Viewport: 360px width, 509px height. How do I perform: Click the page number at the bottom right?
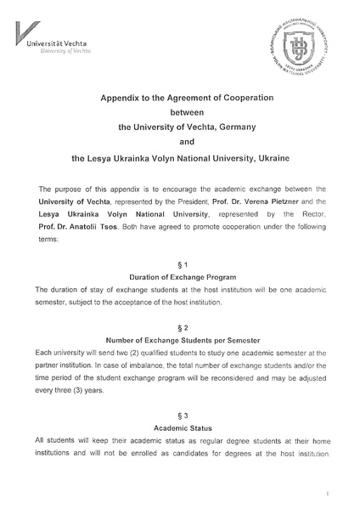[326, 492]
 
